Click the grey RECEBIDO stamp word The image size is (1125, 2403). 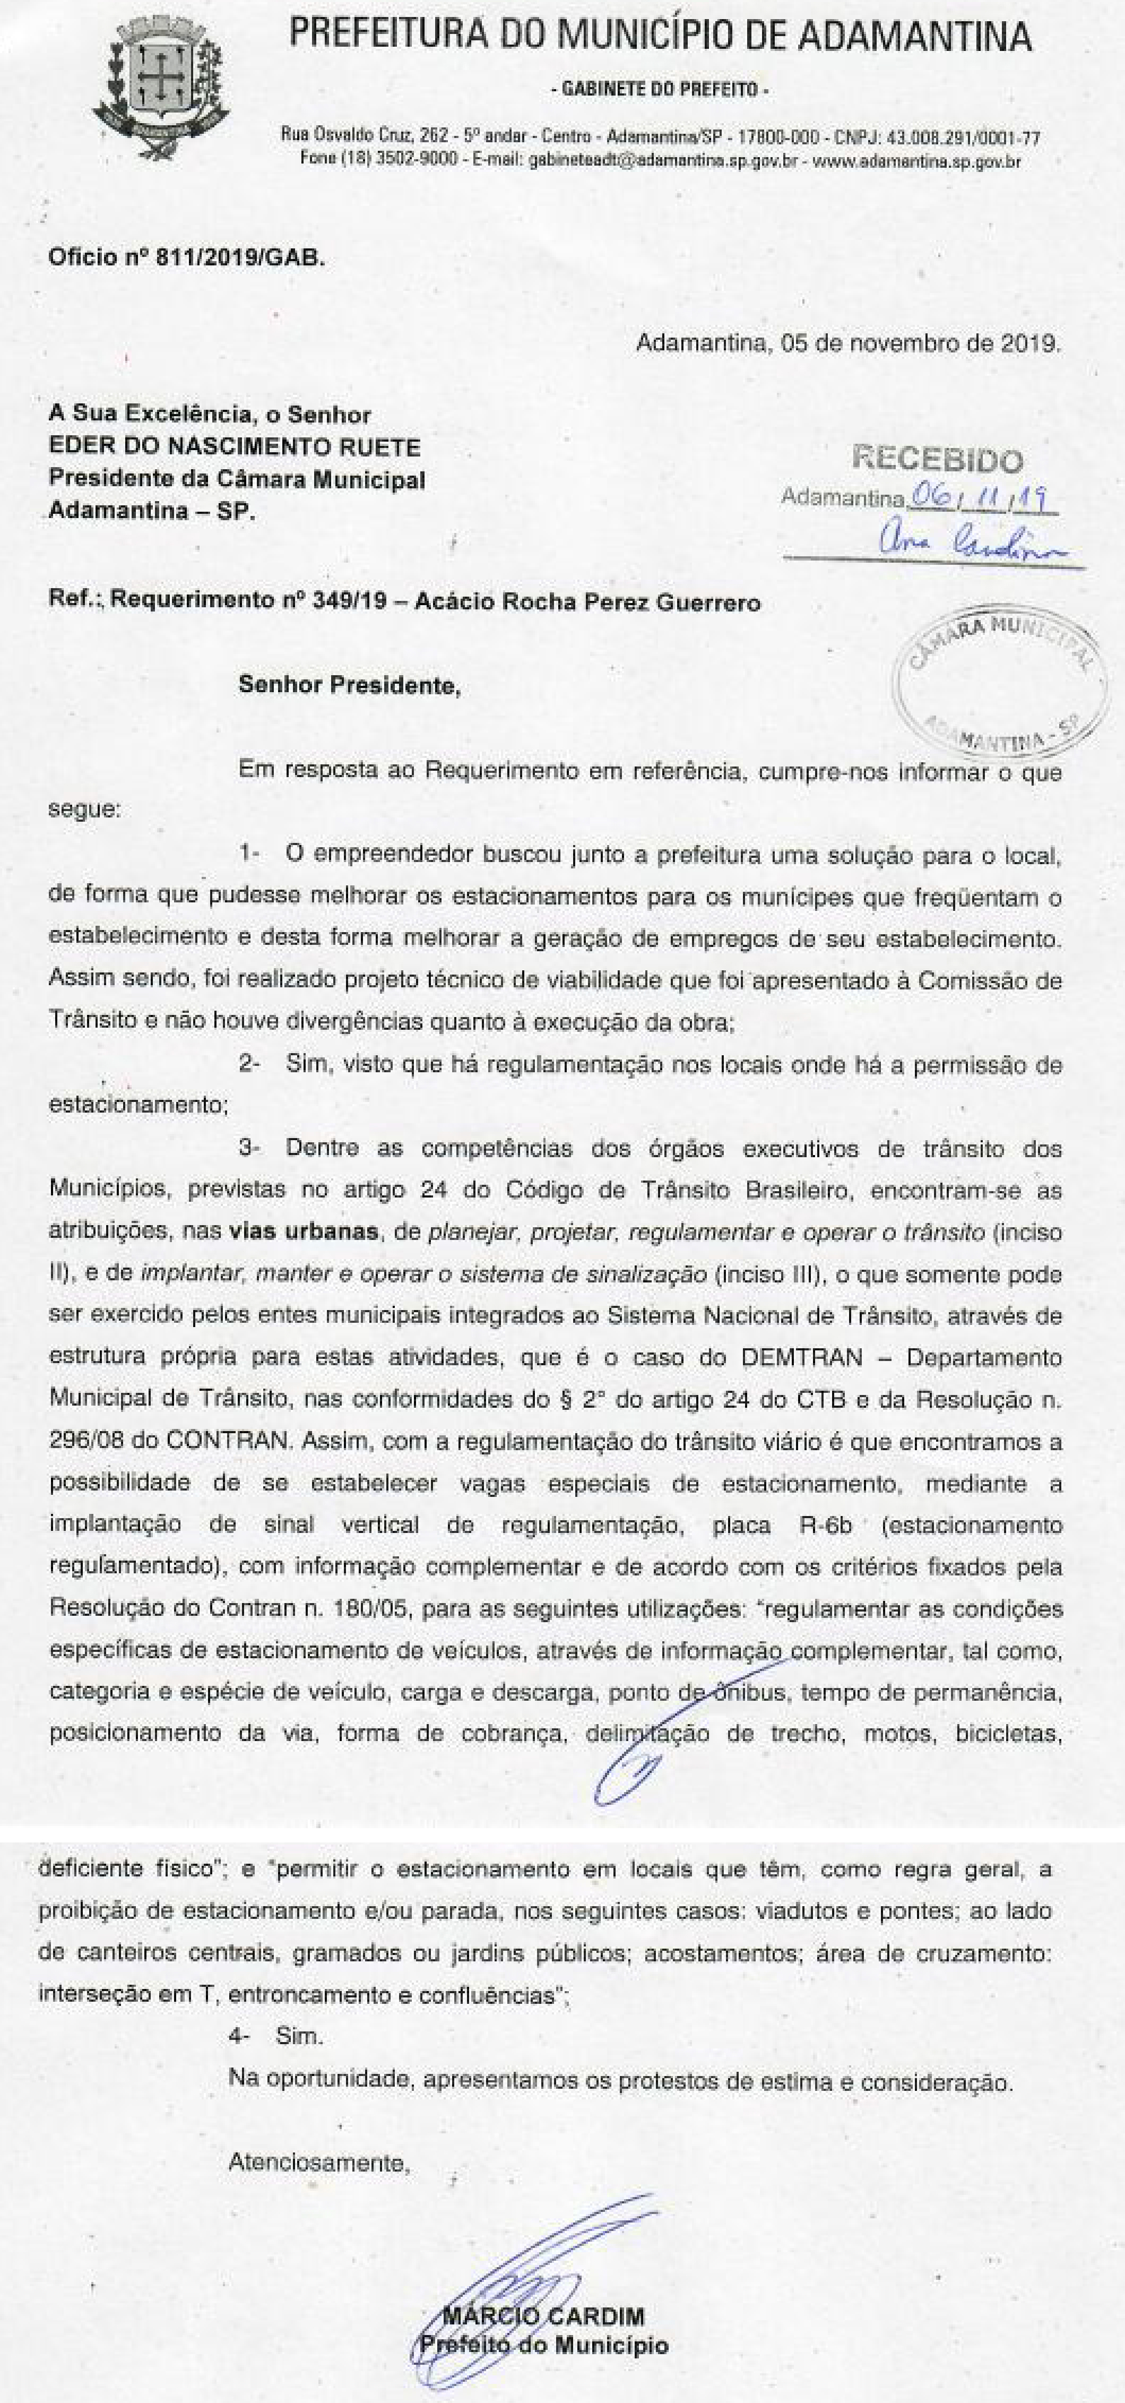938,459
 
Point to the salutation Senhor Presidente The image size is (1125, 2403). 349,686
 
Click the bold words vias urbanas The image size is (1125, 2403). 303,1231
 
